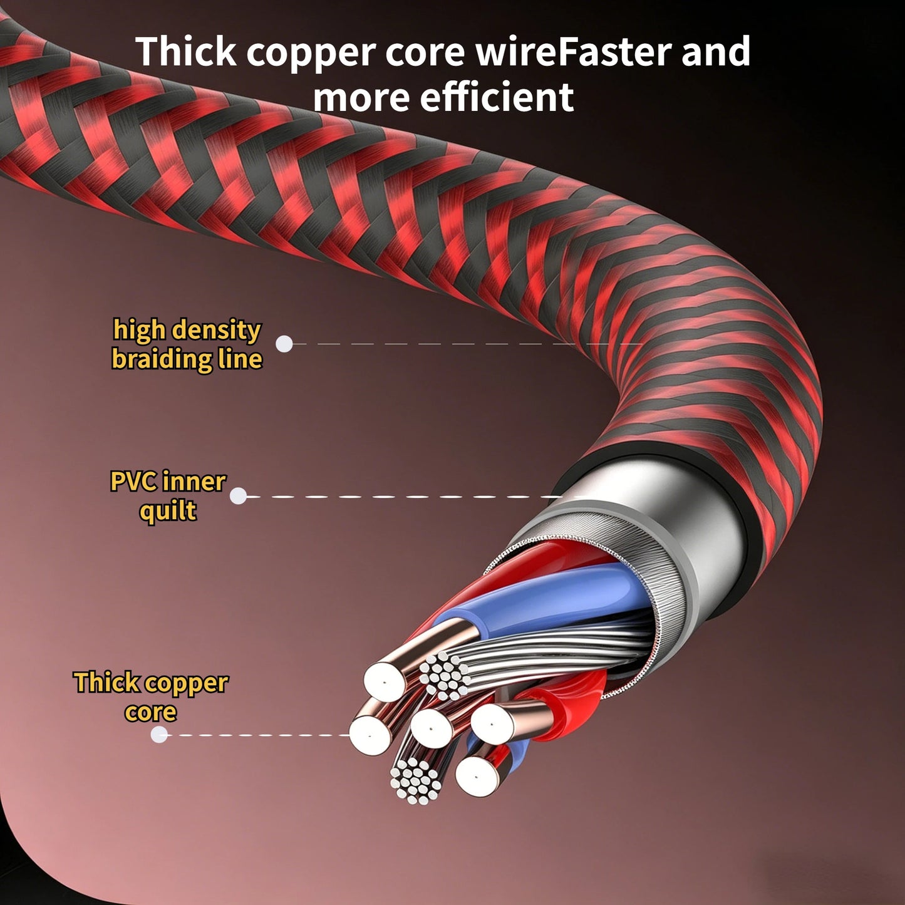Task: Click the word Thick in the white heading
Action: [185, 51]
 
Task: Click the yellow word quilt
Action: [168, 511]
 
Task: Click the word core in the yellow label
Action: [151, 712]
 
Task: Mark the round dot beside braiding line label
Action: [284, 344]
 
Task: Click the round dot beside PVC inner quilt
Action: [238, 496]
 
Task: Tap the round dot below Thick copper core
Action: [159, 735]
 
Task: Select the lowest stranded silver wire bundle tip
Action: [416, 780]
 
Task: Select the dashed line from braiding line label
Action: [467, 344]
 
